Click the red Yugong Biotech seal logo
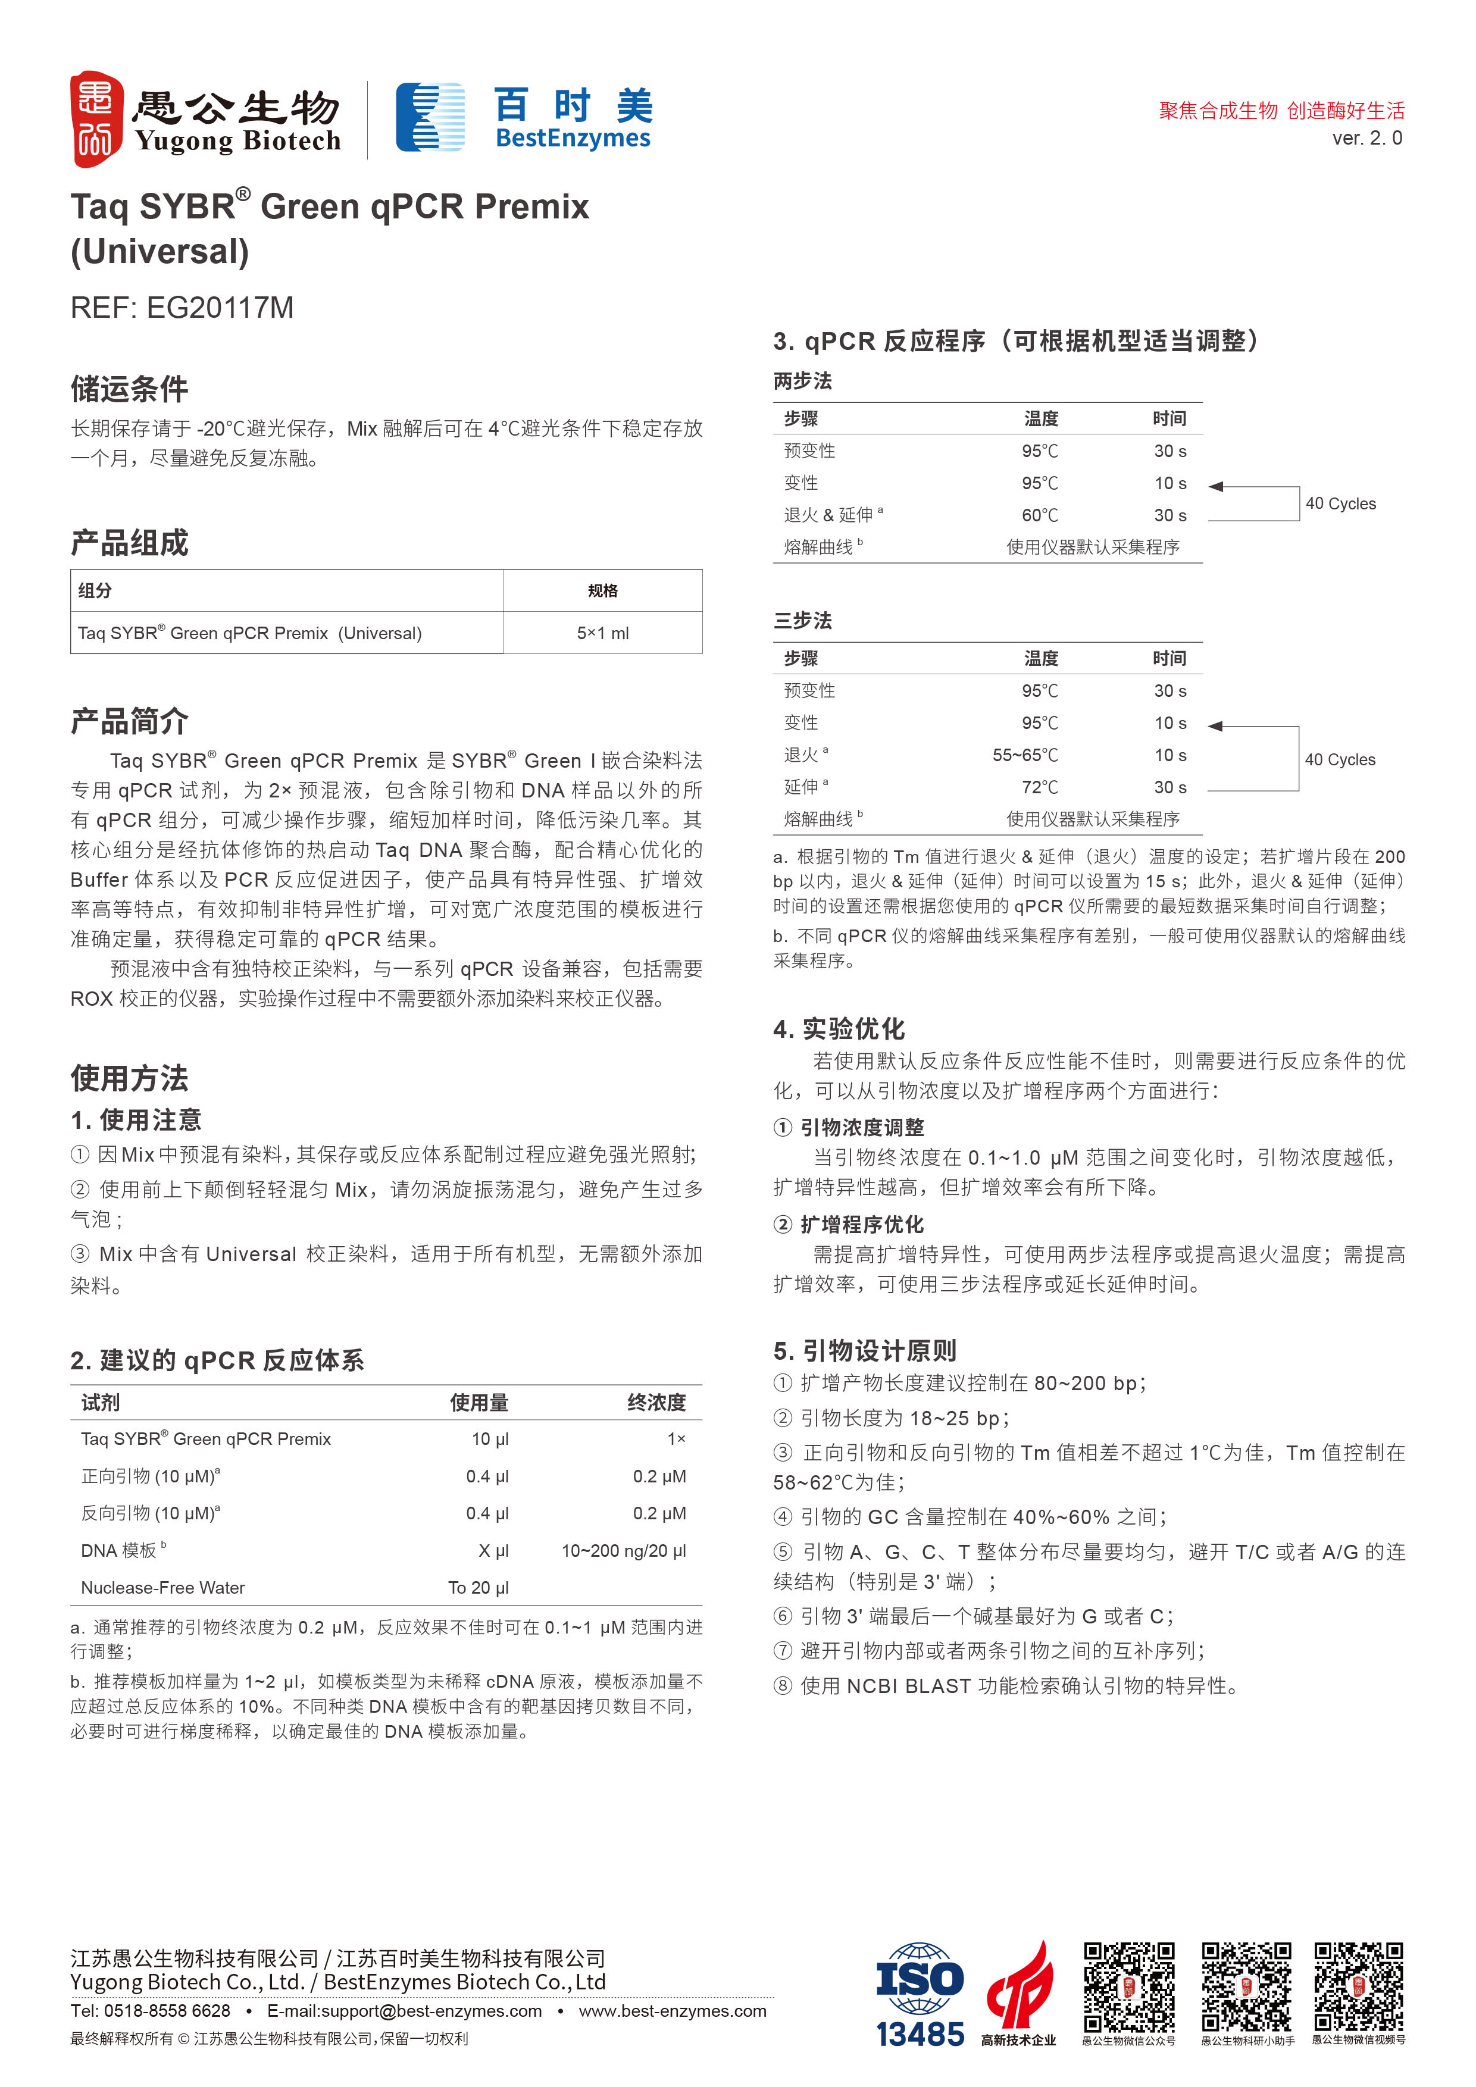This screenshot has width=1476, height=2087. point(96,119)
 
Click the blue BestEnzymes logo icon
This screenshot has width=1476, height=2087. point(430,117)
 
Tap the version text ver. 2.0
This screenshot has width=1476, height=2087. point(1366,138)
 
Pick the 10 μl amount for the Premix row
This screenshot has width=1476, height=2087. point(490,1439)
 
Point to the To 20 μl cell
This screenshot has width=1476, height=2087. point(478,1587)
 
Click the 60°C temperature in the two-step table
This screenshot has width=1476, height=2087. point(1040,515)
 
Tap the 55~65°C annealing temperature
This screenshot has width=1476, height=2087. point(1025,755)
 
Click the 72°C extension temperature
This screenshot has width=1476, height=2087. point(1040,787)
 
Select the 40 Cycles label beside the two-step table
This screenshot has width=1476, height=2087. point(1340,503)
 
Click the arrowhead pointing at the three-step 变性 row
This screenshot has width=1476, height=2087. point(1216,726)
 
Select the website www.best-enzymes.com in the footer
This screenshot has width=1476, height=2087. point(673,2011)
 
